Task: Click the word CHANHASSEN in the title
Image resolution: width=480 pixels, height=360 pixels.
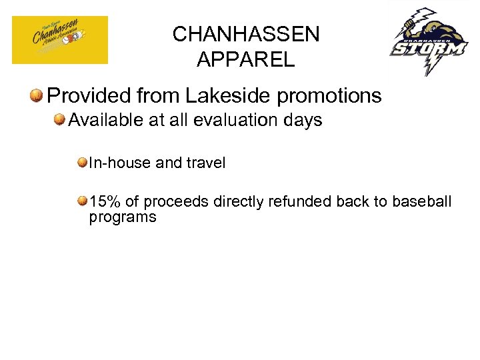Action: [246, 34]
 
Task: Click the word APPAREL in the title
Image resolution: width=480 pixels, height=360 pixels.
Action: [245, 59]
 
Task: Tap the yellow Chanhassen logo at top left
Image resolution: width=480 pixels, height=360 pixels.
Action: [60, 40]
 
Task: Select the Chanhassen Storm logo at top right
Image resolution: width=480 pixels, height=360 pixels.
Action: [429, 41]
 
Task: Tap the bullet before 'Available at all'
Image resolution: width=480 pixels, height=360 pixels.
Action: [61, 120]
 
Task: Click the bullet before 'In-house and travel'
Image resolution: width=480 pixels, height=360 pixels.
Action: [82, 163]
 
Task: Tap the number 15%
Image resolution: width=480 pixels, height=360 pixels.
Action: [104, 201]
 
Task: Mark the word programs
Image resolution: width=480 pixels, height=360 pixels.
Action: [123, 217]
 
